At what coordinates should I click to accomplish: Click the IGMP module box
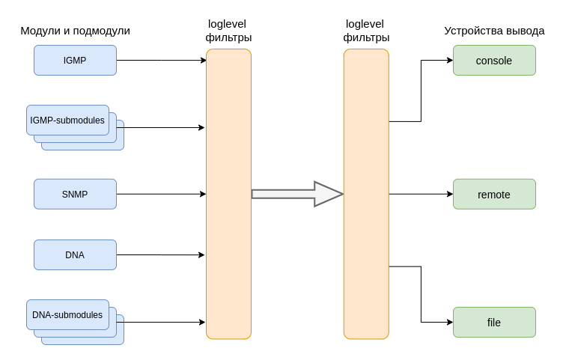[x=75, y=61]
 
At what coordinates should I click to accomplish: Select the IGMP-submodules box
[x=67, y=120]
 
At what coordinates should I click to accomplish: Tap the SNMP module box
[x=75, y=194]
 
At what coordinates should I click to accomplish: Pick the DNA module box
[x=75, y=254]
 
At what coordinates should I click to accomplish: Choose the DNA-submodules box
[x=67, y=314]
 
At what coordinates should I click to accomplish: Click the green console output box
[x=494, y=61]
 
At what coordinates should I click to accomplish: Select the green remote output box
[x=494, y=194]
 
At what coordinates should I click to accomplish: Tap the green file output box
[x=494, y=322]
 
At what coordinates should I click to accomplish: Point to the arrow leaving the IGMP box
[x=161, y=61]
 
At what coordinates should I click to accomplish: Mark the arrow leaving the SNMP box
[x=161, y=194]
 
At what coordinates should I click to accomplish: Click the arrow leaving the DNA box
[x=161, y=254]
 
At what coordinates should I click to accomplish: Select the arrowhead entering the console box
[x=449, y=61]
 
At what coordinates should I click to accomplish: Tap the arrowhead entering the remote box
[x=449, y=194]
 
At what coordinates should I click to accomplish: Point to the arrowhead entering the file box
[x=449, y=322]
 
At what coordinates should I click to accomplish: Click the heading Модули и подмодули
[x=75, y=31]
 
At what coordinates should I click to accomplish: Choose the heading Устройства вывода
[x=494, y=31]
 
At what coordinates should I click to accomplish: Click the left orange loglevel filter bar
[x=228, y=194]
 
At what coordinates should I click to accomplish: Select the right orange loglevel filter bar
[x=366, y=194]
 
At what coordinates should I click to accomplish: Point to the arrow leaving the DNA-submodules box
[x=165, y=322]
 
